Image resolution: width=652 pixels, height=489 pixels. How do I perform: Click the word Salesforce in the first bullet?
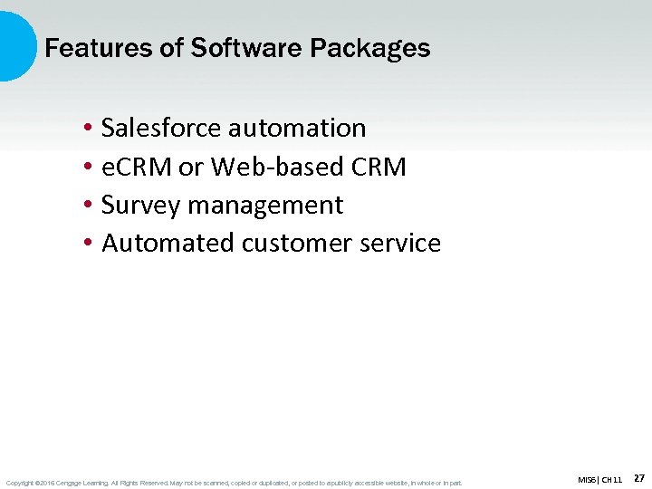pyautogui.click(x=161, y=129)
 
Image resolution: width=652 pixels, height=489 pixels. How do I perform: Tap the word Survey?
pyautogui.click(x=141, y=206)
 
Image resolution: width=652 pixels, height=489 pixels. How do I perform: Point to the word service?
pyautogui.click(x=403, y=244)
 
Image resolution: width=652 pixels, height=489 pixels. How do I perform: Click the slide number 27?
pyautogui.click(x=638, y=477)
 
